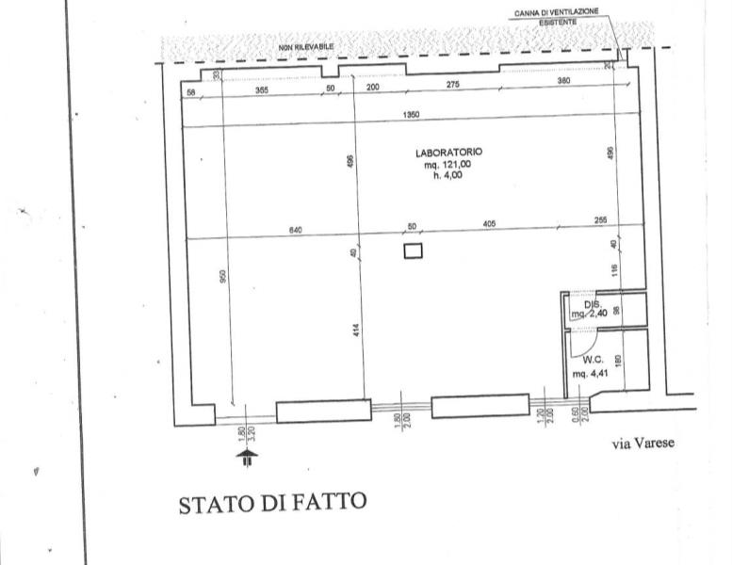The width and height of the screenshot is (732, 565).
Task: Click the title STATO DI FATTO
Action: [x=271, y=504]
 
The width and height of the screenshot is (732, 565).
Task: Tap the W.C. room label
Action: [x=593, y=359]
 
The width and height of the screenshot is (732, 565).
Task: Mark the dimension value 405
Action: [x=489, y=224]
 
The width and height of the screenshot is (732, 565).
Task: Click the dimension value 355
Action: [x=262, y=88]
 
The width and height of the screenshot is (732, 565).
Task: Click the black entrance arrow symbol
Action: [x=247, y=459]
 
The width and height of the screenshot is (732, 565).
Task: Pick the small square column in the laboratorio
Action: [x=412, y=250]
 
